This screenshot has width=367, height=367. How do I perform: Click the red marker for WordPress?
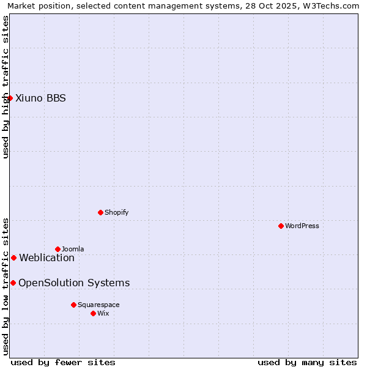click(281, 226)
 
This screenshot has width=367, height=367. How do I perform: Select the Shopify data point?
click(100, 212)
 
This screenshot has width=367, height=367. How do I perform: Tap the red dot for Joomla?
click(57, 249)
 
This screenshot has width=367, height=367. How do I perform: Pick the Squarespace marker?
click(73, 305)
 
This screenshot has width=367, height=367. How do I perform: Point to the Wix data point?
click(93, 313)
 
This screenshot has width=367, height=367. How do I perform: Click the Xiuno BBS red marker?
click(10, 98)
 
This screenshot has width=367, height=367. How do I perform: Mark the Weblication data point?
click(13, 258)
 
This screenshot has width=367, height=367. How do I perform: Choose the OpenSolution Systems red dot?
click(13, 283)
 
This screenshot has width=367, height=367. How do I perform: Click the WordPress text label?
click(302, 226)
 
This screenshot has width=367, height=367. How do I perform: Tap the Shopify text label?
click(116, 212)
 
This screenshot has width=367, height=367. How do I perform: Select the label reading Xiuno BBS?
click(40, 98)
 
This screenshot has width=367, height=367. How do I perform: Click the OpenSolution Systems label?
click(74, 283)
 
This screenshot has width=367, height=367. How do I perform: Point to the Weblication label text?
click(46, 258)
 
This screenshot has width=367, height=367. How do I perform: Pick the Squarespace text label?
click(98, 305)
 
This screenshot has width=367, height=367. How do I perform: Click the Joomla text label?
click(73, 249)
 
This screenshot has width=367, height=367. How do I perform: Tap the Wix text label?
click(103, 313)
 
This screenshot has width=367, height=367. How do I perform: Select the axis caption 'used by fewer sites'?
click(63, 362)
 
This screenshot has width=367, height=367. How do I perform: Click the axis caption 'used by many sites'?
click(307, 362)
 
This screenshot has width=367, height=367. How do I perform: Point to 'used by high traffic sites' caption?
click(6, 87)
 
